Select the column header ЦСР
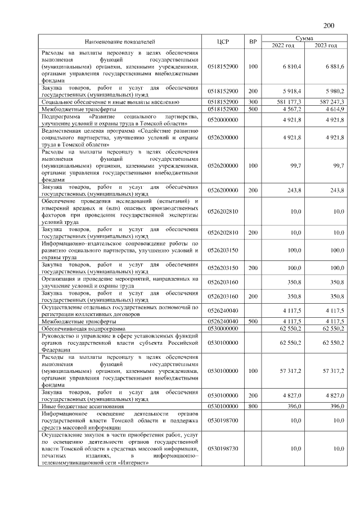(223, 42)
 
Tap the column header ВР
(253, 42)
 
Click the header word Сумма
(305, 38)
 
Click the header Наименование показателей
(119, 42)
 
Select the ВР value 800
(253, 406)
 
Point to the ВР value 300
(253, 101)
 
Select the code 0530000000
(223, 328)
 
